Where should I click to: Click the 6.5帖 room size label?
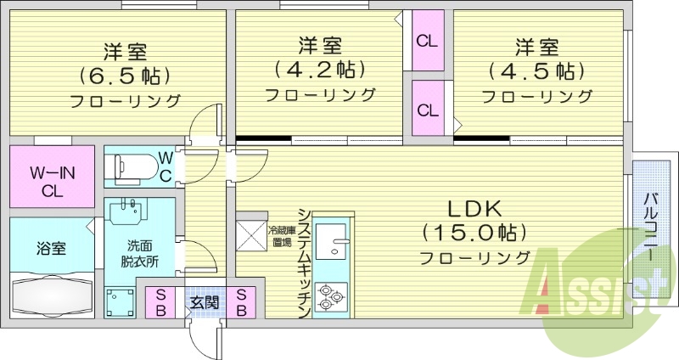point(125,74)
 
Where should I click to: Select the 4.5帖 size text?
point(536,70)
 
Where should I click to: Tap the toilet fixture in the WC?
point(133,165)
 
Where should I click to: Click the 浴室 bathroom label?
point(49,249)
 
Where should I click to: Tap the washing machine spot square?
point(120,301)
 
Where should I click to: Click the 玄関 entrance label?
point(203,302)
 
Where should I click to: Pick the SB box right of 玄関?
point(242,302)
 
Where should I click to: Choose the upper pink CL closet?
point(427,41)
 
